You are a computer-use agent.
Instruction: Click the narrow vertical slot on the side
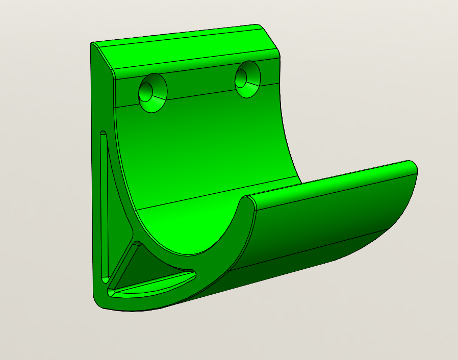tap(104, 204)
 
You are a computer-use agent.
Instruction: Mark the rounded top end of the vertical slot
tap(103, 135)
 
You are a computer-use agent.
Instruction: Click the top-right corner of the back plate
tap(278, 53)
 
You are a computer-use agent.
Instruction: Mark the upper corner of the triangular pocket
tap(137, 245)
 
